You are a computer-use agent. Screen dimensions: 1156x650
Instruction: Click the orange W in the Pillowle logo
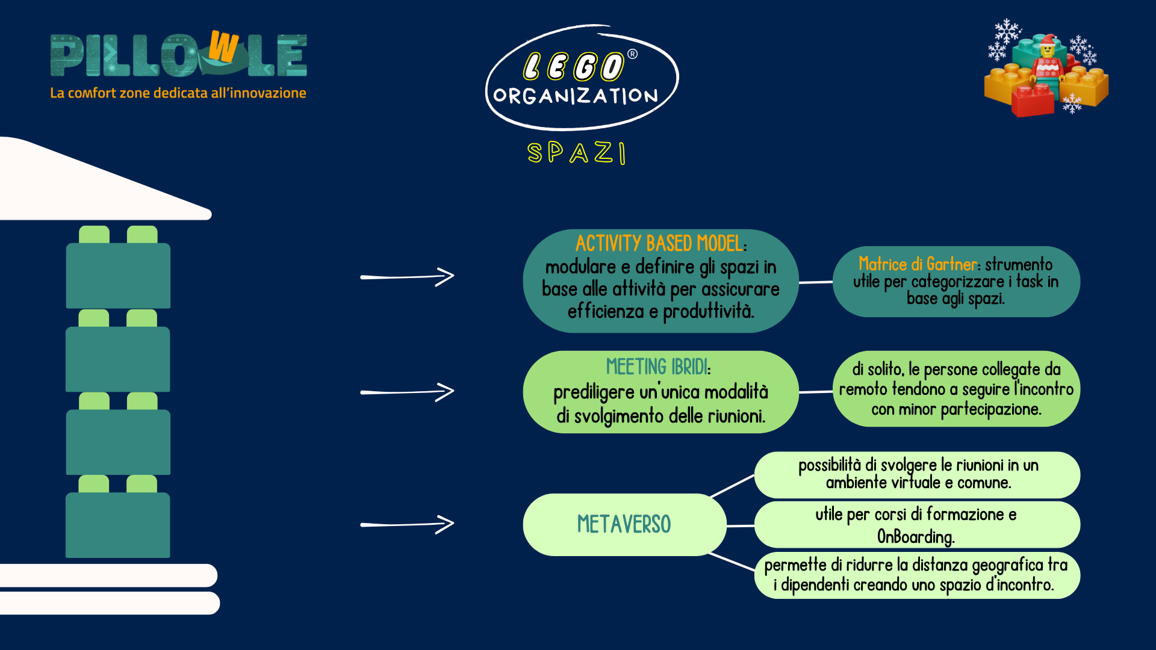(223, 47)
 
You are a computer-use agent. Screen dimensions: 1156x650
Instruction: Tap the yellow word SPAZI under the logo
(577, 153)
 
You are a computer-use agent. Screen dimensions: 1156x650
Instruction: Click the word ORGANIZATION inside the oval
(576, 96)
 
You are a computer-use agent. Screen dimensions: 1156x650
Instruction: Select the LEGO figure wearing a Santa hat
(1048, 60)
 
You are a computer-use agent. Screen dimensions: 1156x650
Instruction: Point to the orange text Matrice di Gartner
(918, 264)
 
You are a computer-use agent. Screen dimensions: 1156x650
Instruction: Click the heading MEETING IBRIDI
(657, 367)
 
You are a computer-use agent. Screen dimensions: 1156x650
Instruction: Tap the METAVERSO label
(624, 524)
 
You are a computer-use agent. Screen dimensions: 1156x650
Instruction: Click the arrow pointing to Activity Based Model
(407, 277)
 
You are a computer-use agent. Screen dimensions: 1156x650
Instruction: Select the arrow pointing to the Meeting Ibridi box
(407, 392)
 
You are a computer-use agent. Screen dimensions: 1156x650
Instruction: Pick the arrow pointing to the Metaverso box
(407, 524)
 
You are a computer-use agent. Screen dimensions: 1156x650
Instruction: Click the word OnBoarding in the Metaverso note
(915, 536)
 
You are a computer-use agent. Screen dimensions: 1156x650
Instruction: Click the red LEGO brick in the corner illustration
(1033, 100)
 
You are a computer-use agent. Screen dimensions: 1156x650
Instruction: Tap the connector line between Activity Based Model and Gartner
(816, 282)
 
